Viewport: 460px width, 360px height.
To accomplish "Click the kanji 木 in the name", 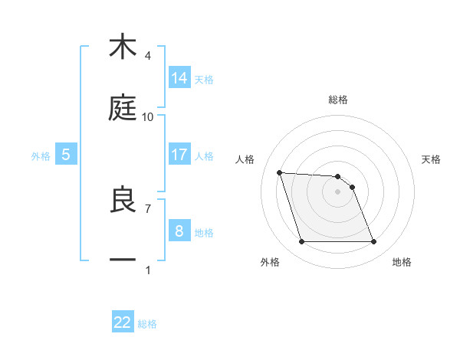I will coord(123,47).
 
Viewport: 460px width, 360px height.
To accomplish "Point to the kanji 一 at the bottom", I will coord(123,260).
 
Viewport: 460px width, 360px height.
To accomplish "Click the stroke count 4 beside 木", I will coord(148,56).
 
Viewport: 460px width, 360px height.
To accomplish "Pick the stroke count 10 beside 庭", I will coord(148,117).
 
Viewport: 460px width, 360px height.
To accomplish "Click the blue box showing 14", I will coord(179,77).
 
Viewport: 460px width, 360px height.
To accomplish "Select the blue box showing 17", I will coord(179,155).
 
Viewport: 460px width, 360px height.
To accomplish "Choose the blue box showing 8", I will coord(179,231).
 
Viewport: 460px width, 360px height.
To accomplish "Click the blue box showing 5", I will coord(66,155).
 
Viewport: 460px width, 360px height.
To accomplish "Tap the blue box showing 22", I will coord(123,322).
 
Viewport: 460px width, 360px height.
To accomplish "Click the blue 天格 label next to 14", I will coord(204,79).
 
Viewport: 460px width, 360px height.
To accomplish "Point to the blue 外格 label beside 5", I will coord(41,156).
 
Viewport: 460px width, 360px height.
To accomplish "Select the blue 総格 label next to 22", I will coord(147,324).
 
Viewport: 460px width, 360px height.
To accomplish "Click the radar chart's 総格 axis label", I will coord(338,100).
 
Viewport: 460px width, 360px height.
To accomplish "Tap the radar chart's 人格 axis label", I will coord(246,159).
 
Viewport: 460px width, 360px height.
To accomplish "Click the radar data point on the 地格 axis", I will coord(373,242).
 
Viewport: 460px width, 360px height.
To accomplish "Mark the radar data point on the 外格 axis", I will coord(301,242).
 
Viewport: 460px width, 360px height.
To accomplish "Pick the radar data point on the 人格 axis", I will coord(279,172).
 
